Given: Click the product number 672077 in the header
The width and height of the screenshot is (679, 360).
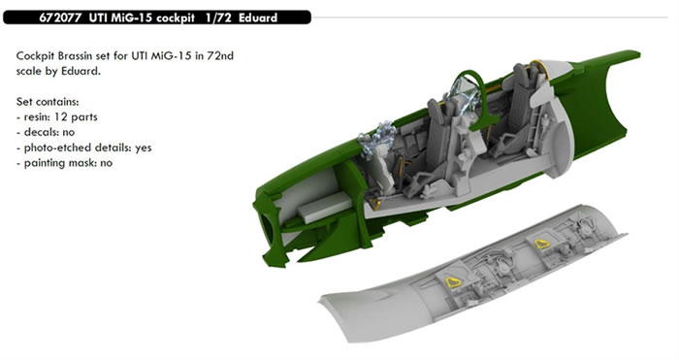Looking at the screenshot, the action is (x=60, y=17).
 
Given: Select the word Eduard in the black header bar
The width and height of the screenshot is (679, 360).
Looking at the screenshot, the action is (x=258, y=17).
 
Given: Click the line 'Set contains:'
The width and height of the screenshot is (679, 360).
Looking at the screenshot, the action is (x=48, y=102).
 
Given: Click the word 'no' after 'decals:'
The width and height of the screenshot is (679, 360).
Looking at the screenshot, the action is (x=69, y=133).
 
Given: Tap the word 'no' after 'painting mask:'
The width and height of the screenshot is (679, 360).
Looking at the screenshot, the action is (x=106, y=163).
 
